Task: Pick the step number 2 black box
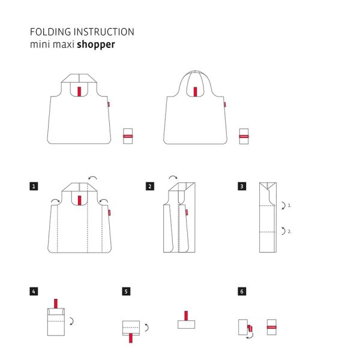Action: [x=149, y=187]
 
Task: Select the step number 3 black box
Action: [x=241, y=187]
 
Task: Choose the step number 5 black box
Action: [x=126, y=292]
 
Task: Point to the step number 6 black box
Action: [x=241, y=292]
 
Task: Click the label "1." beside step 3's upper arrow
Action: [x=289, y=205]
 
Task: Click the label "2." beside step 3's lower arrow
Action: [x=289, y=230]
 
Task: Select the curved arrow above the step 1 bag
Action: [x=92, y=178]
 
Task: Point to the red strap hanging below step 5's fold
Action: [x=130, y=338]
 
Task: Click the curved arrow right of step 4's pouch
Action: [x=72, y=321]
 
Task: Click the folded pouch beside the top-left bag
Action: [x=127, y=136]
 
